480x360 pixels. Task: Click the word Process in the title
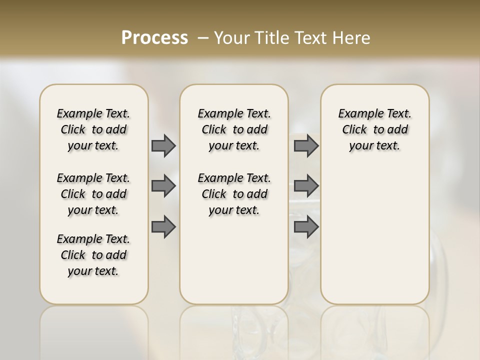tap(154, 38)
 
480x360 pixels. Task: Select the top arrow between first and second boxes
tap(163, 146)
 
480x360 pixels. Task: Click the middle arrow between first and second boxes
tap(163, 186)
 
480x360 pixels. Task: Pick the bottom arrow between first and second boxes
tap(163, 227)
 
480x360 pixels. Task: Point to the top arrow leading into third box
tap(306, 146)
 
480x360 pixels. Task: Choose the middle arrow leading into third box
tap(306, 186)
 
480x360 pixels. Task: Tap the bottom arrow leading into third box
tap(306, 227)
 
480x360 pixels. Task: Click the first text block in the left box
tap(93, 129)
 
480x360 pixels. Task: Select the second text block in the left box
tap(93, 194)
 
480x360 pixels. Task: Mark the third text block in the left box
tap(93, 255)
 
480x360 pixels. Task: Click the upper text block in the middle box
tap(234, 129)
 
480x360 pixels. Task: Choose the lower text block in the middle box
tap(234, 194)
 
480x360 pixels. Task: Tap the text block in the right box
tap(374, 129)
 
